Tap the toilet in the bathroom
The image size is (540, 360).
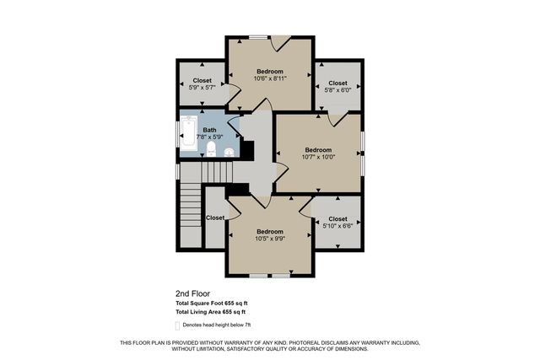click(210, 150)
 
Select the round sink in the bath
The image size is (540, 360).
click(229, 152)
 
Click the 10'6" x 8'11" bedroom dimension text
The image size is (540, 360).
click(269, 78)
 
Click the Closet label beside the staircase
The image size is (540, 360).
click(215, 218)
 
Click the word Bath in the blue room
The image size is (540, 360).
click(208, 130)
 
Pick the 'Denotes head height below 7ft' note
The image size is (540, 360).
click(216, 325)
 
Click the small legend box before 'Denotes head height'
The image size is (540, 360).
click(177, 325)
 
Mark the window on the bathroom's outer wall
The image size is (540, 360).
click(177, 135)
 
